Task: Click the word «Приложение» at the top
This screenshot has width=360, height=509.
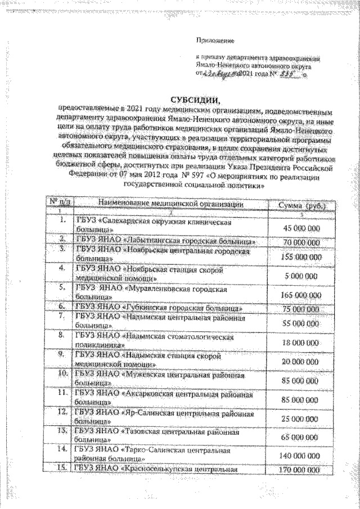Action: click(214, 40)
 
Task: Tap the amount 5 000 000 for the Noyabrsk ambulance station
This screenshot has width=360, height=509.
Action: click(301, 276)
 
